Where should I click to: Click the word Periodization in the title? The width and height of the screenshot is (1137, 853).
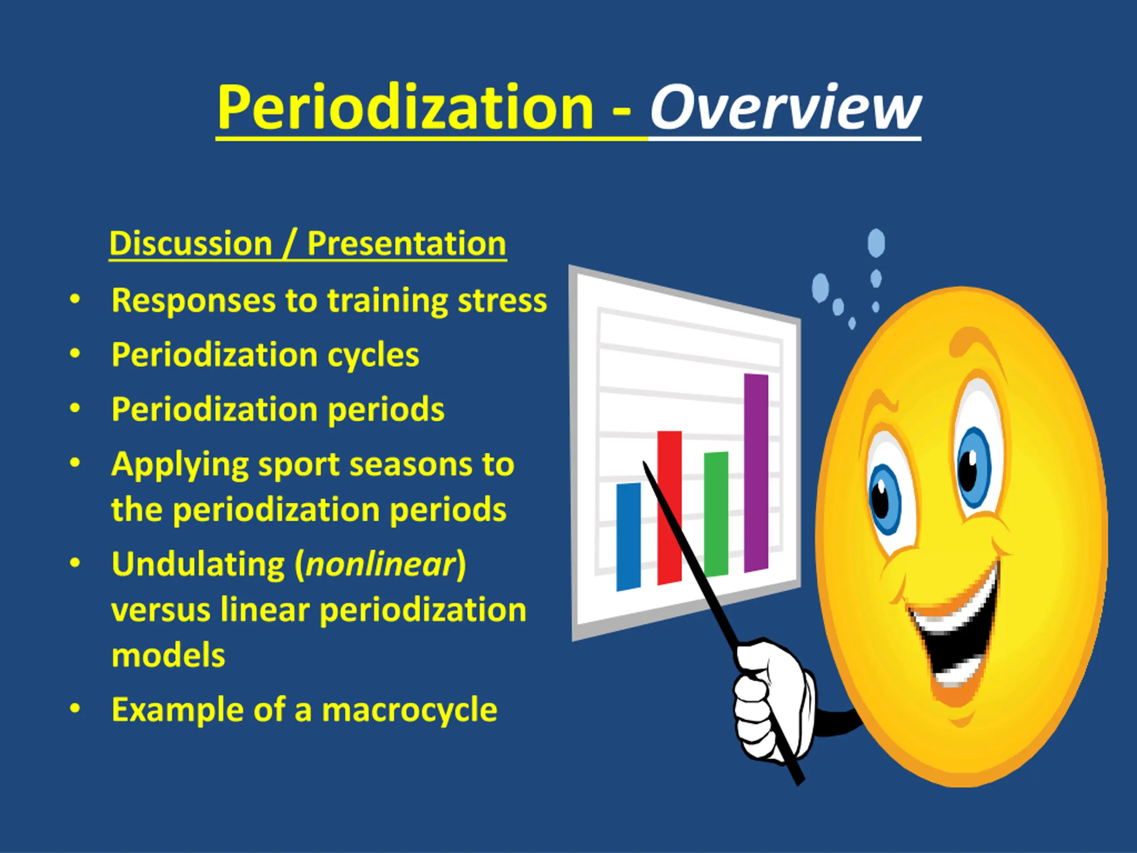coord(405,108)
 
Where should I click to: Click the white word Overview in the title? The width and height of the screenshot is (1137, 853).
coord(785,108)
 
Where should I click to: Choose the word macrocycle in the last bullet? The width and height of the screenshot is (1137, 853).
coord(409,710)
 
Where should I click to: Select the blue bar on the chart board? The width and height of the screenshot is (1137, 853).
coord(628,536)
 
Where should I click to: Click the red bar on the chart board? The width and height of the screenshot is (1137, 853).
coord(669,507)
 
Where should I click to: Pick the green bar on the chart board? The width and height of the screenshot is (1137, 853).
coord(716,514)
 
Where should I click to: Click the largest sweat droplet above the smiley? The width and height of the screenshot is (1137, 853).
coord(876,243)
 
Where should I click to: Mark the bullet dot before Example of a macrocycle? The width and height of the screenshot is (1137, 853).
coord(75,709)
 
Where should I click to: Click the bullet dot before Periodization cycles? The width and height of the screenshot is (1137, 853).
coord(75,354)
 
